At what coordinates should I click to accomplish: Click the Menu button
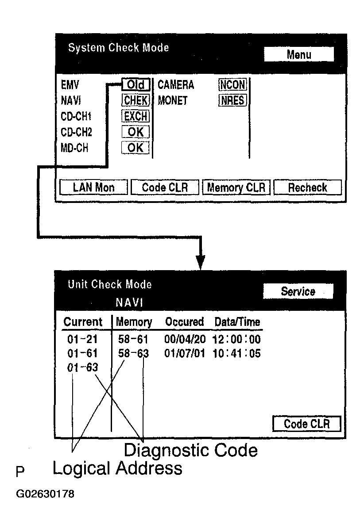click(x=299, y=54)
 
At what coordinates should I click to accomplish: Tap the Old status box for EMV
click(x=136, y=84)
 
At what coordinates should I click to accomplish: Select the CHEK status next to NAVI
click(x=136, y=100)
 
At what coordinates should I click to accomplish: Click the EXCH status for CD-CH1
click(x=136, y=116)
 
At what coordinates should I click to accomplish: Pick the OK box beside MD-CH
click(x=136, y=148)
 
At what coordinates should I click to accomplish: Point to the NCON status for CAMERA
click(x=232, y=84)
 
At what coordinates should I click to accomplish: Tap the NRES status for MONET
click(x=232, y=100)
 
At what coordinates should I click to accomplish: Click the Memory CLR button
click(x=236, y=187)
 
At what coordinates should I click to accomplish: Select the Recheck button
click(x=307, y=187)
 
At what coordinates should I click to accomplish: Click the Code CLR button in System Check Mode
click(x=165, y=187)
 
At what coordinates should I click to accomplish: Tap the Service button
click(x=298, y=291)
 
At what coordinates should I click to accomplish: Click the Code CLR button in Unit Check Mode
click(x=306, y=424)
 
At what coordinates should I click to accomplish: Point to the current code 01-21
click(x=82, y=340)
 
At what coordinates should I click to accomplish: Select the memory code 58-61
click(x=133, y=340)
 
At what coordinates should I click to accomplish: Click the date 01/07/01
click(x=184, y=354)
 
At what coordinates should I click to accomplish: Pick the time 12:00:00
click(x=237, y=340)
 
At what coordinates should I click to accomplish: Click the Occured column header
click(x=184, y=322)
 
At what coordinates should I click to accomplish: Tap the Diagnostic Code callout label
click(x=190, y=450)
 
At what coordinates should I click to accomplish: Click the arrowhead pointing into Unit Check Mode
click(x=201, y=262)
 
